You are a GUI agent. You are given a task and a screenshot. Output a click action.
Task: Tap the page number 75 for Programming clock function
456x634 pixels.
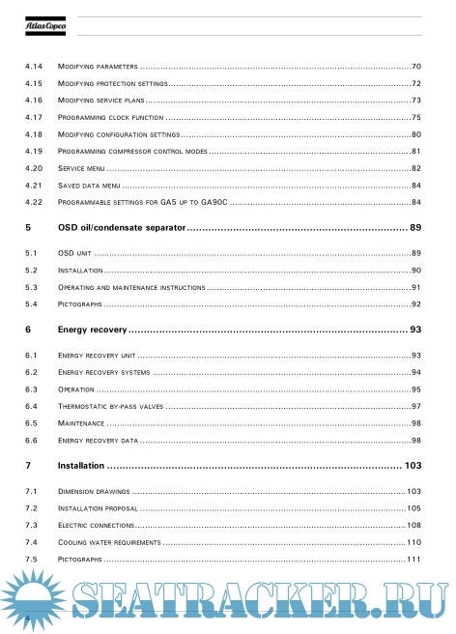point(415,117)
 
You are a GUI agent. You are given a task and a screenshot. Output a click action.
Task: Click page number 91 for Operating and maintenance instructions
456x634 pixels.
point(415,287)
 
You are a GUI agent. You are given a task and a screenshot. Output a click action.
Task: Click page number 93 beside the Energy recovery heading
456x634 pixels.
point(415,331)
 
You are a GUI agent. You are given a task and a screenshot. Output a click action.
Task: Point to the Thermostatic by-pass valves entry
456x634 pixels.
point(111,407)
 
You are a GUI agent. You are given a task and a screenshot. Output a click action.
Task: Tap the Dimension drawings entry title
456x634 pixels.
point(93,492)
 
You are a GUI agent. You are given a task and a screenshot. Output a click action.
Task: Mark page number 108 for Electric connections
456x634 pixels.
point(413,526)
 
